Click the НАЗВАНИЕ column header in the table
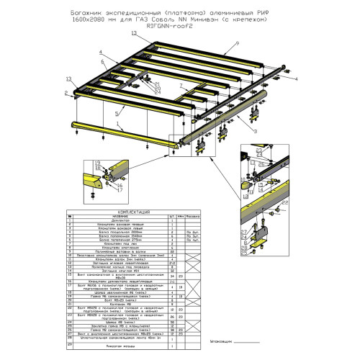coord(117,217)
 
